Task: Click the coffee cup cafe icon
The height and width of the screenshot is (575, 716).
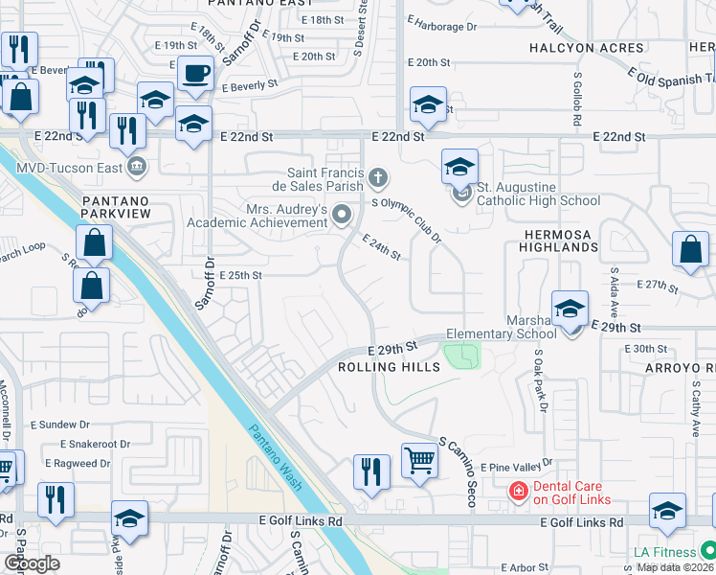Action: click(x=197, y=73)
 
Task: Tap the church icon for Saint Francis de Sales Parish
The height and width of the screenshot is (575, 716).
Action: click(x=379, y=177)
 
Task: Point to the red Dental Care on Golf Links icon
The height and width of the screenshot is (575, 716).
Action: click(x=518, y=492)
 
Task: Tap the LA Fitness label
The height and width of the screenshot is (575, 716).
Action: click(x=666, y=552)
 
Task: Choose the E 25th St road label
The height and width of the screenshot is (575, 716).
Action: click(x=240, y=275)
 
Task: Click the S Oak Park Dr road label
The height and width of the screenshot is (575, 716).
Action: click(x=540, y=380)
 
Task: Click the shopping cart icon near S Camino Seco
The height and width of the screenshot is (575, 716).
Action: click(x=419, y=462)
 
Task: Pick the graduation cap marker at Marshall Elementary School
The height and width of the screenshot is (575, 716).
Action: click(x=571, y=310)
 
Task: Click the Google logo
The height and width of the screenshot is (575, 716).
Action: click(x=32, y=563)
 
